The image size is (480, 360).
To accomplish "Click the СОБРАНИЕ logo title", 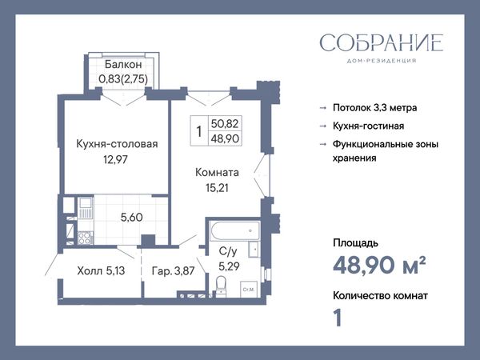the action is coord(382,42).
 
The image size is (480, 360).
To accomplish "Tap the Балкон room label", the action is coord(123,65).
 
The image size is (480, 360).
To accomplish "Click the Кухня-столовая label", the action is coord(117,144).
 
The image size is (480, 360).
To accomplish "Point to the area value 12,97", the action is coord(115,159).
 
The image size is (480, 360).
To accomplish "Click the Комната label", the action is coord(217,172).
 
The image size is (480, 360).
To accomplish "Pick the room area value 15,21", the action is coord(217,188).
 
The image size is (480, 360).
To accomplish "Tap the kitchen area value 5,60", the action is coord(132,218).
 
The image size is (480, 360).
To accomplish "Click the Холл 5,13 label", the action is coord(101,271).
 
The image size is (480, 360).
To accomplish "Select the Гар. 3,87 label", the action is coord(174,271).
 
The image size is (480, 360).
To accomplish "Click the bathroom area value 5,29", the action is coord(229,266).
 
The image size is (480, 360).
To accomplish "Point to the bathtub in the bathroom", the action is coord(234,230).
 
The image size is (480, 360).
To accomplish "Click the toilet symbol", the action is coord(221,286).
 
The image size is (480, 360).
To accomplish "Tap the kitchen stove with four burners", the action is coord(86,238).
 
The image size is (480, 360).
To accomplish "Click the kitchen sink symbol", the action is coord(86,208).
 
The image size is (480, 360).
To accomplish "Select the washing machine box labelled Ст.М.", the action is coord(248,290).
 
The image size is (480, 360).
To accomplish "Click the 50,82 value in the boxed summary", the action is coord(225,124).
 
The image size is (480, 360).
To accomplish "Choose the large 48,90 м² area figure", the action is coord(379,265).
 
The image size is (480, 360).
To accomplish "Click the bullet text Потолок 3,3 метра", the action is coord(375,108).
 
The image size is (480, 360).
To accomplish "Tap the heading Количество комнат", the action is coord(380,296).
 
